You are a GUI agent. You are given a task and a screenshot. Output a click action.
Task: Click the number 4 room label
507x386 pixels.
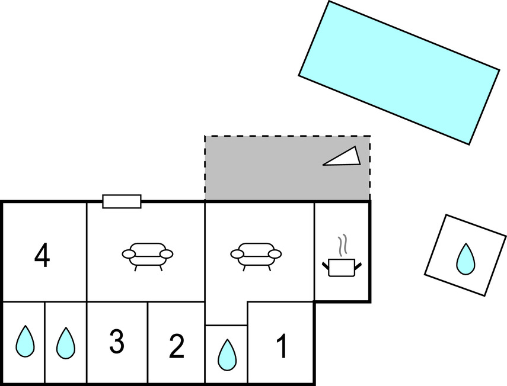tap(42, 257)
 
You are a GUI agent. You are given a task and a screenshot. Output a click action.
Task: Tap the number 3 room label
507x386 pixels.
tap(117, 342)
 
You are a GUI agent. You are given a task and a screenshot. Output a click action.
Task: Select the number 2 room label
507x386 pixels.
tap(177, 346)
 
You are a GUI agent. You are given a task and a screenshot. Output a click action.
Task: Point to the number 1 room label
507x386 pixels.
tap(282, 346)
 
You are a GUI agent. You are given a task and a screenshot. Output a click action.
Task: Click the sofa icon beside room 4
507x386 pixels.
tap(148, 255)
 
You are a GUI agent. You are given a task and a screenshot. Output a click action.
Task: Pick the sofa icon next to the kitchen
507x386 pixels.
tap(256, 255)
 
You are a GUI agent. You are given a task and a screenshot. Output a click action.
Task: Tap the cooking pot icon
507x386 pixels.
tap(342, 267)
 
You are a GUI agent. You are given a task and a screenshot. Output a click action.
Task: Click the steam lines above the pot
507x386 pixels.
tap(342, 245)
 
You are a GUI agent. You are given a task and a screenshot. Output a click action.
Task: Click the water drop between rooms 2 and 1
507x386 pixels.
tap(226, 354)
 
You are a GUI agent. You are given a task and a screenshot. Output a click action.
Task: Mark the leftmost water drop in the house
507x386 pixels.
tap(24, 342)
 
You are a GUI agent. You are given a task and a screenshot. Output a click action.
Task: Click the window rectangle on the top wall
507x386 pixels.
tap(122, 201)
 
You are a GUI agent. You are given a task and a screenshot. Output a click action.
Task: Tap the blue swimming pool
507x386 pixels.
tap(399, 72)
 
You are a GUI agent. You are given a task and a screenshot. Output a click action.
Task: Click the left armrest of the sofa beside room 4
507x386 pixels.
tap(129, 254)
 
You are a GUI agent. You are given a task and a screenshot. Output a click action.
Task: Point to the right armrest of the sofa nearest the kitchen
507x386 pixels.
tap(275, 254)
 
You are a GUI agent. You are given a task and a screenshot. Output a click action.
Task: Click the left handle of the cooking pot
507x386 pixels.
tap(326, 265)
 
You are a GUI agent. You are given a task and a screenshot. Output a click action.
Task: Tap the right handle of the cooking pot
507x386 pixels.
tap(358, 264)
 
